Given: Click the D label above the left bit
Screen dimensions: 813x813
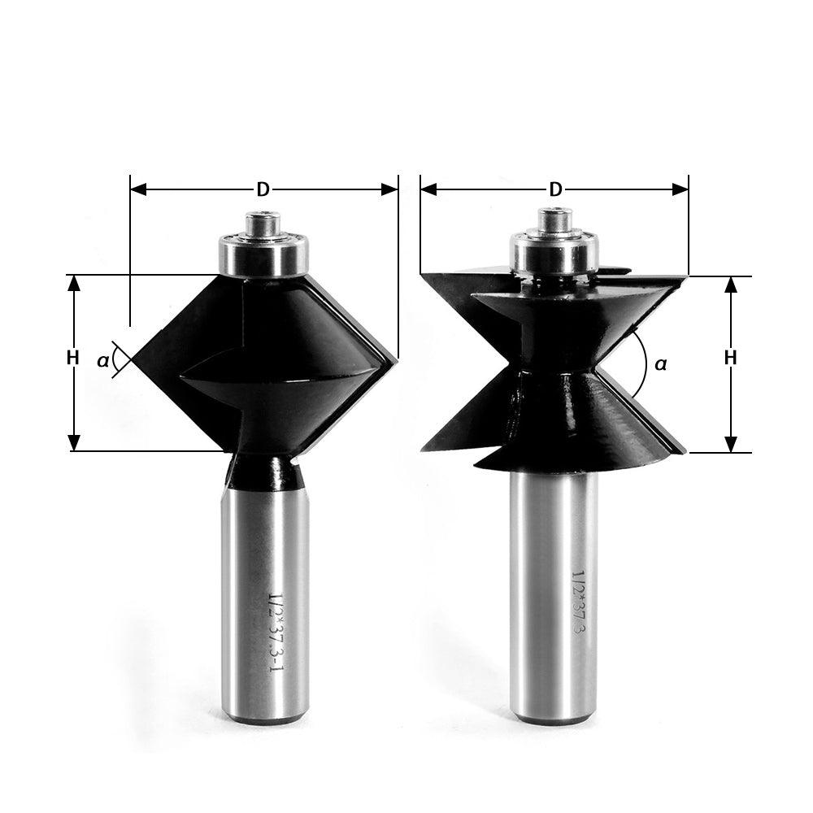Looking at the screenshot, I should click(263, 189).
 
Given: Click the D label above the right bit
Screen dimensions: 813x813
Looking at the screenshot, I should click(555, 189).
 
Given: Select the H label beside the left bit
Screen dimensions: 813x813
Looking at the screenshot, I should click(73, 357).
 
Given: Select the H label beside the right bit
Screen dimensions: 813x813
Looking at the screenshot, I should click(730, 357).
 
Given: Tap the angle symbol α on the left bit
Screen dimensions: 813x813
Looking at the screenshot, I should click(103, 359).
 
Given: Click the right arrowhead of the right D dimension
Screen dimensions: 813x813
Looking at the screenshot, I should click(680, 189).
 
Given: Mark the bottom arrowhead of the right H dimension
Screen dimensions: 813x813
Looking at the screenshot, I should click(730, 444).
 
